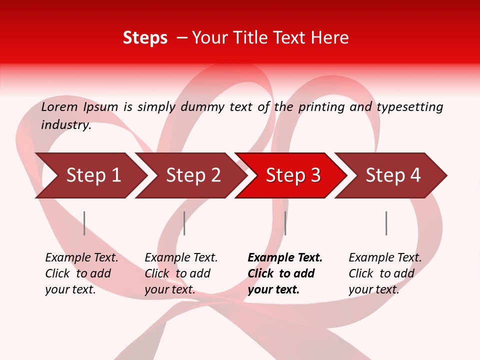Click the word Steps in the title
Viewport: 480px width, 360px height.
[145, 38]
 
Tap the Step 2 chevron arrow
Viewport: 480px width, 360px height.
[193, 175]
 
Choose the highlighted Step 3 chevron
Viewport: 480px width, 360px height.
[293, 175]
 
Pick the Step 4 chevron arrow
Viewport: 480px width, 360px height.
[393, 175]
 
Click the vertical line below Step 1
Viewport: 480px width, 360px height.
[84, 223]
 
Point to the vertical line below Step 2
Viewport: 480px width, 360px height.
[184, 223]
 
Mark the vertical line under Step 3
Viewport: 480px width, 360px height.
[285, 223]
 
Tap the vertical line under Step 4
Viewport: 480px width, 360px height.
[386, 223]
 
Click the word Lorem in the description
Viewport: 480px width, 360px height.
[59, 106]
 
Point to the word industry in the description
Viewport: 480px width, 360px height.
[66, 125]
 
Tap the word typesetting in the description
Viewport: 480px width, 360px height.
[409, 107]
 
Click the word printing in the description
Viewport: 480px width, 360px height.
[321, 107]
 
